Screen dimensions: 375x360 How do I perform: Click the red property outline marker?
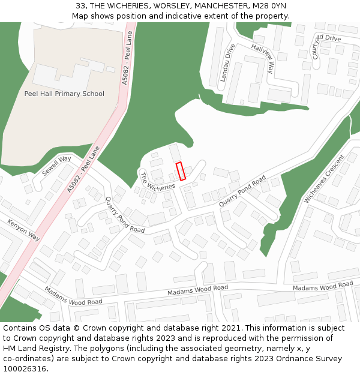pyautogui.click(x=181, y=171)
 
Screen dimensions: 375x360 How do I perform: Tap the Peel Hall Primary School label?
pyautogui.click(x=64, y=94)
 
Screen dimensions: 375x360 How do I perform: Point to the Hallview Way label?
pyautogui.click(x=263, y=58)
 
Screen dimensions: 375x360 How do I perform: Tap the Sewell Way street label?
pyautogui.click(x=56, y=166)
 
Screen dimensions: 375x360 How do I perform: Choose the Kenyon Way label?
pyautogui.click(x=24, y=230)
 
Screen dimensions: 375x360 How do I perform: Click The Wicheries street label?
pyautogui.click(x=158, y=179)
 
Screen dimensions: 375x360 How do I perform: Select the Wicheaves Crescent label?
pyautogui.click(x=324, y=180)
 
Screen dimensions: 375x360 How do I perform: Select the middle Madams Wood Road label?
pyautogui.click(x=197, y=290)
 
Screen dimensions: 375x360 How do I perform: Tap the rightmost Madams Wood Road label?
pyautogui.click(x=323, y=286)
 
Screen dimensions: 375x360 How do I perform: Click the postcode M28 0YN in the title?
pyautogui.click(x=270, y=6)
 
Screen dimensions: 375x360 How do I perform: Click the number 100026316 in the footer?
pyautogui.click(x=25, y=368)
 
